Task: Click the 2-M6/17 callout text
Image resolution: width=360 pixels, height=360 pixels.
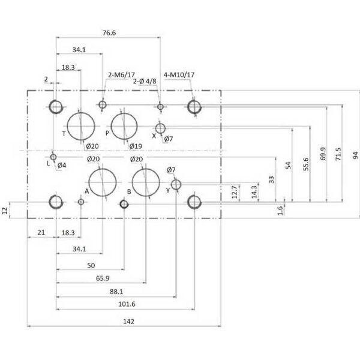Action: click(x=122, y=74)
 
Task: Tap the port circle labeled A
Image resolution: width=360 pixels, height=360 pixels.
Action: click(x=103, y=182)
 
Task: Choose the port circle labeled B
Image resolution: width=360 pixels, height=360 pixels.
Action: click(x=146, y=182)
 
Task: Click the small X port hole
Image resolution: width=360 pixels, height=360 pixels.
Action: click(x=160, y=128)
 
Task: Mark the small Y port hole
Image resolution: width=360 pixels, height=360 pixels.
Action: click(x=176, y=184)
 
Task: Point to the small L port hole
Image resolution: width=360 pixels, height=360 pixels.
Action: click(x=53, y=157)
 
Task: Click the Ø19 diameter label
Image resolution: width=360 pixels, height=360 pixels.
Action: click(x=135, y=146)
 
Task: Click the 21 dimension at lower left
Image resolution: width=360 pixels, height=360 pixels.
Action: click(x=41, y=232)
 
